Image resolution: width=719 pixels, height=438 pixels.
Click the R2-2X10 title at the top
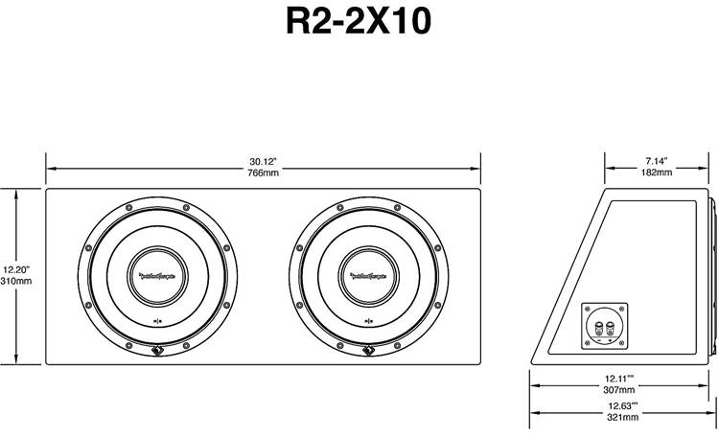pos(359,22)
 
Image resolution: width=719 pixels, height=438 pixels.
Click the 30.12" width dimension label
pos(263,160)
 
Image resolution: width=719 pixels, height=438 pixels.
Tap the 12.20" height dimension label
pos(17,269)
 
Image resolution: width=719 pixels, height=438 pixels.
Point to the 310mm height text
pos(17,282)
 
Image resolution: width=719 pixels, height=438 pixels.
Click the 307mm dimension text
pos(623,391)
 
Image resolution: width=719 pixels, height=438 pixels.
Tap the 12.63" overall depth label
pos(623,407)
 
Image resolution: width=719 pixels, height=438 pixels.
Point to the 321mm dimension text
pos(623,419)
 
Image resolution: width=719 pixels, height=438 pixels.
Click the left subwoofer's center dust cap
pos(157,276)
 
